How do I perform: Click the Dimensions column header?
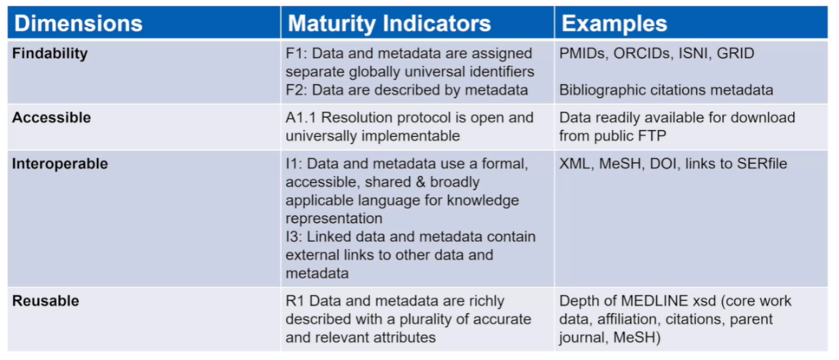[78, 23]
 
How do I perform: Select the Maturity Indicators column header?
[390, 23]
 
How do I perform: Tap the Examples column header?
[614, 23]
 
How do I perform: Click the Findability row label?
[50, 54]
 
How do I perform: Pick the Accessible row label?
[52, 118]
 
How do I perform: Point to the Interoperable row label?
[60, 164]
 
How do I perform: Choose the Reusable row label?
[45, 302]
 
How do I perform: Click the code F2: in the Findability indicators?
[296, 90]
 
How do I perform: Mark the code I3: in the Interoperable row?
[294, 236]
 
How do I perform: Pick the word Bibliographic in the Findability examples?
[595, 90]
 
